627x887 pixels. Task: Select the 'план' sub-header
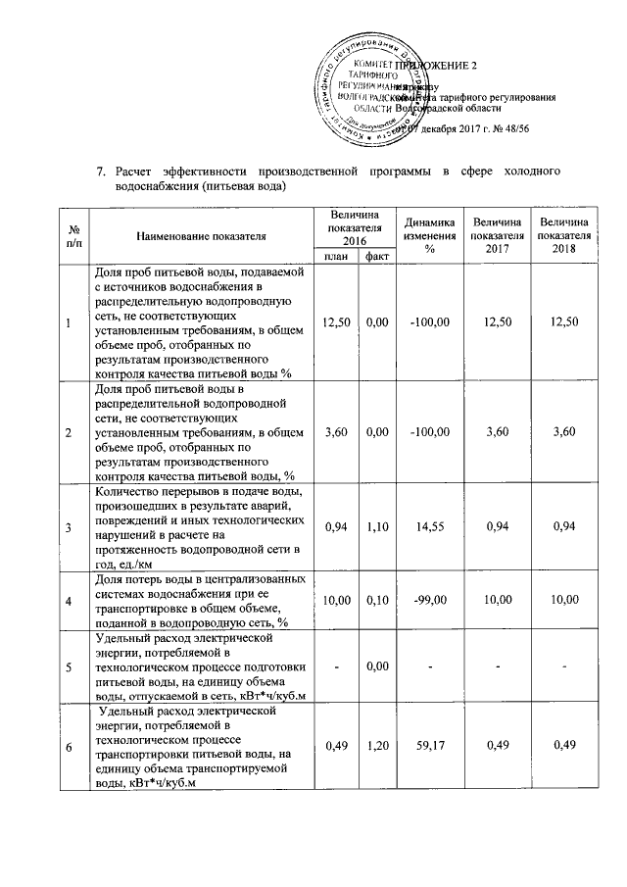point(336,257)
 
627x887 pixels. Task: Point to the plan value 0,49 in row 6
point(336,748)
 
